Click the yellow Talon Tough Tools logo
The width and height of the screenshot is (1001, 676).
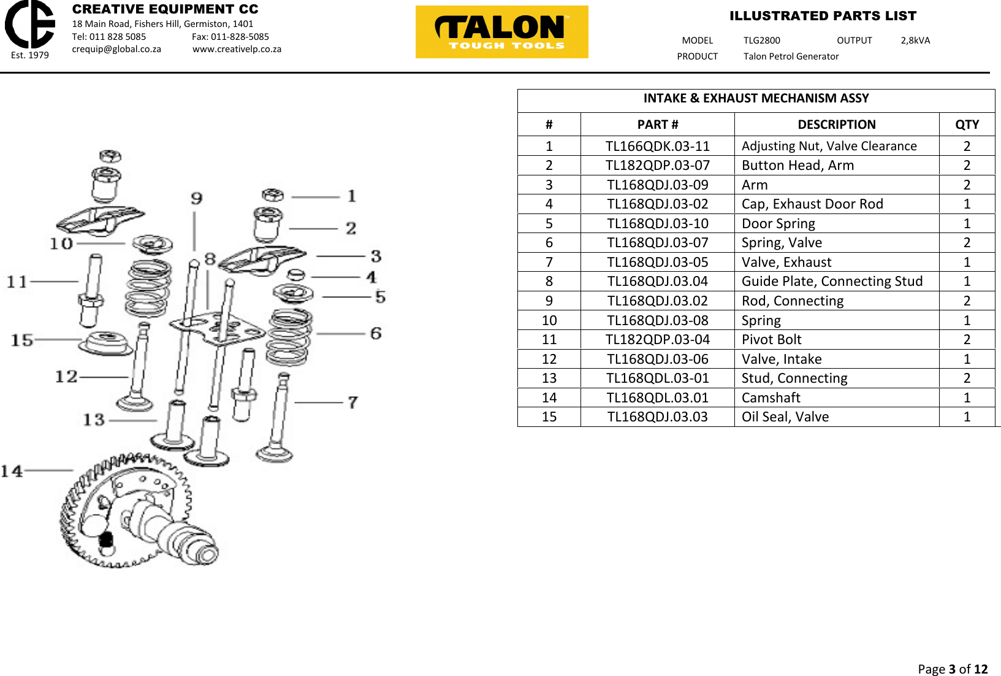pos(501,32)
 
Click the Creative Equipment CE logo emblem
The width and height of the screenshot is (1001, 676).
pos(29,25)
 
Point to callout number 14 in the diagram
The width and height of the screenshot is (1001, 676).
pos(12,471)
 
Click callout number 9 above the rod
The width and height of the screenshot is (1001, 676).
pos(196,198)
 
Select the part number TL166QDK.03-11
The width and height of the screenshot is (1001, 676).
pos(657,146)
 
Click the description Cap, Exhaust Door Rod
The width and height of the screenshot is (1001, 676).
pos(812,204)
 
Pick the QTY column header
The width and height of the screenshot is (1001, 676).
pos(967,125)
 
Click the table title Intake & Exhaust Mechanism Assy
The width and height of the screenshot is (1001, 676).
pos(756,98)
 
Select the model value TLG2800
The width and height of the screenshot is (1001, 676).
pos(761,40)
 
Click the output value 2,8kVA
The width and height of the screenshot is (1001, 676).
pos(915,40)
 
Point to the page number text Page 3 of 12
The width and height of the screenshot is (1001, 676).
pos(952,669)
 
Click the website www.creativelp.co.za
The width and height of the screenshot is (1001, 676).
pos(237,49)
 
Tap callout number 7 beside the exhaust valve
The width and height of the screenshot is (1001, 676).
pos(352,402)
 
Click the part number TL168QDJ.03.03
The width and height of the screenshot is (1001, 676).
pos(657,417)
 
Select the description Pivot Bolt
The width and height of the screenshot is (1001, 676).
pos(771,339)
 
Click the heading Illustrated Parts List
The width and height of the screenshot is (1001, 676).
pos(823,16)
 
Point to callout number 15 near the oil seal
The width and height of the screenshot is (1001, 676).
pos(22,340)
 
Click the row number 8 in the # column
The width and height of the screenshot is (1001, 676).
pos(549,281)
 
